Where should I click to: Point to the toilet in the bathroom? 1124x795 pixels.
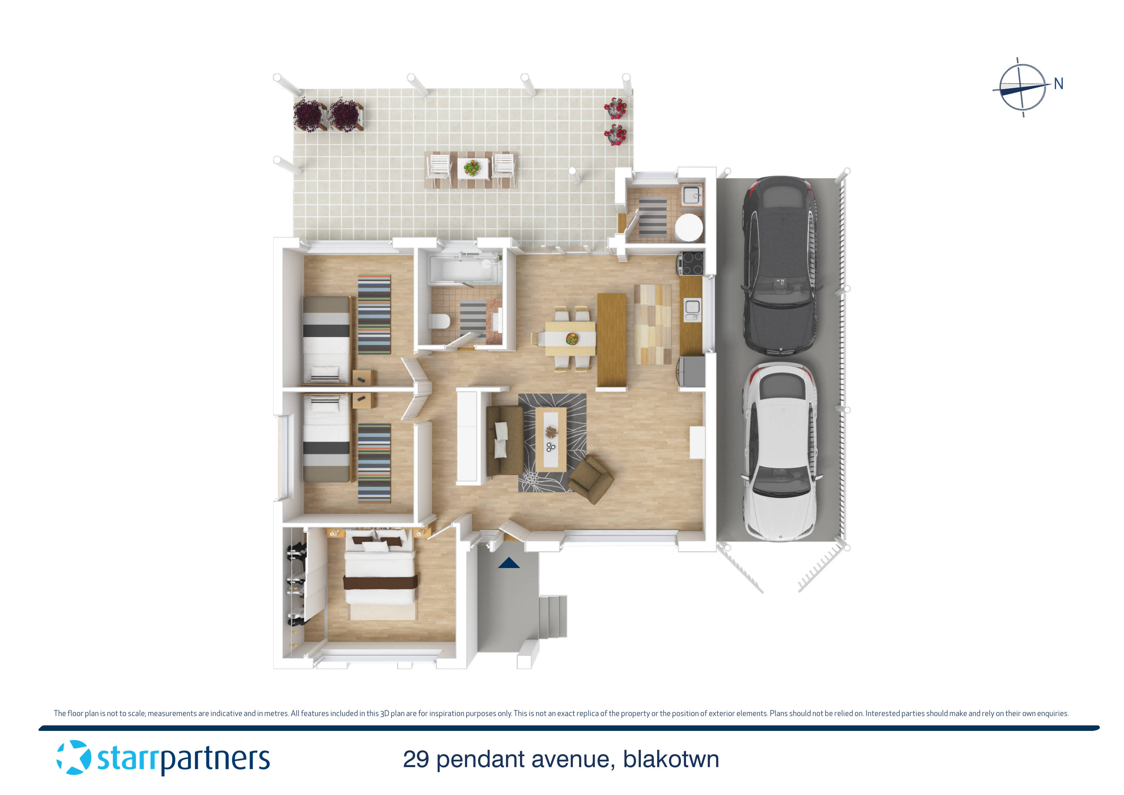coord(440,321)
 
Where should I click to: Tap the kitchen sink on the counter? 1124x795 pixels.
coord(692,307)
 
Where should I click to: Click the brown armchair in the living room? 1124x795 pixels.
coord(591,480)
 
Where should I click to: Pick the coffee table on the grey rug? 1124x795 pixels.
coord(551,439)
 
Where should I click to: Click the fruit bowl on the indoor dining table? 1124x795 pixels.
coord(571,338)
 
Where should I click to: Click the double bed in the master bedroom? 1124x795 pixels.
coord(380,573)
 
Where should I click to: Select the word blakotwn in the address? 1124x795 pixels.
coord(671,759)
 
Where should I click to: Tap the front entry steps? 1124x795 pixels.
coord(553,616)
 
